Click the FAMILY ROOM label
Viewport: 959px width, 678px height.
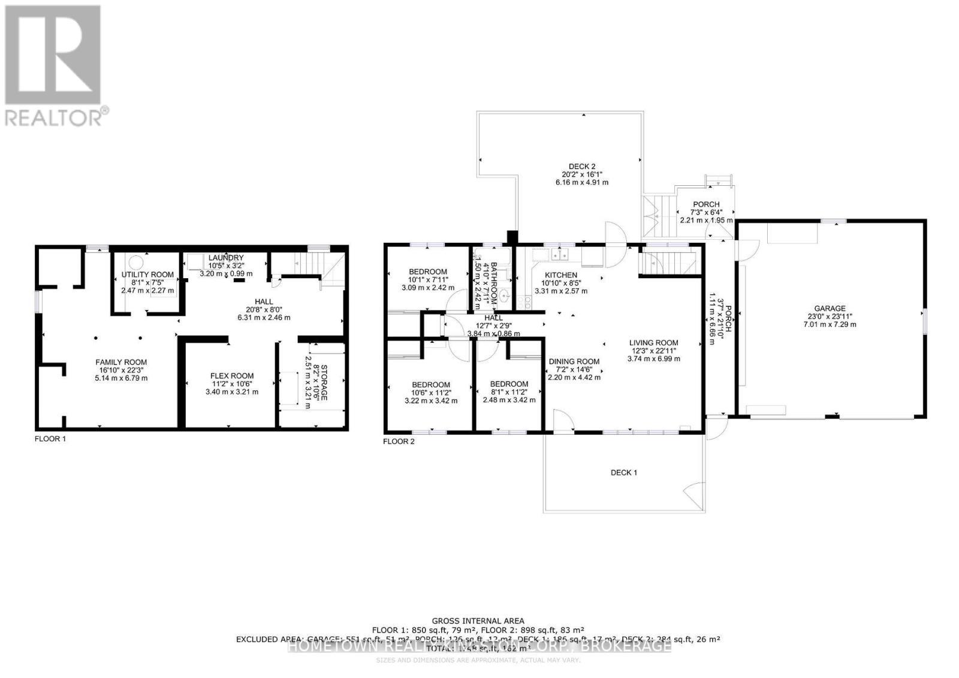pos(121,362)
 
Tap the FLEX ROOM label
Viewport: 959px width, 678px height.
pos(231,376)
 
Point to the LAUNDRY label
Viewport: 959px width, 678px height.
pos(226,258)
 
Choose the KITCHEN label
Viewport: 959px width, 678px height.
pos(560,275)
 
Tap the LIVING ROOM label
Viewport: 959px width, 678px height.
pos(653,343)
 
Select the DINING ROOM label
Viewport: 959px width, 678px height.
pos(574,361)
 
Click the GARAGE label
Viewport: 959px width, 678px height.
pos(830,309)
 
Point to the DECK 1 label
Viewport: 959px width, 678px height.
pos(623,472)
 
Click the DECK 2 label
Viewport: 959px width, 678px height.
pos(581,167)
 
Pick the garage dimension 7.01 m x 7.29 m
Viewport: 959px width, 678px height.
pos(830,324)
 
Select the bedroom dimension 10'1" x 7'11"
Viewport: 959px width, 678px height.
pos(428,279)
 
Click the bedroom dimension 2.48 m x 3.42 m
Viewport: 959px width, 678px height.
pos(509,400)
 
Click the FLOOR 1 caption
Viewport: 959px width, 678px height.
pos(50,439)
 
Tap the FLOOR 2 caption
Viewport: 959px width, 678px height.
pos(399,442)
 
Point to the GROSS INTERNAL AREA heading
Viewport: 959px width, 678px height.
pos(478,620)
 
